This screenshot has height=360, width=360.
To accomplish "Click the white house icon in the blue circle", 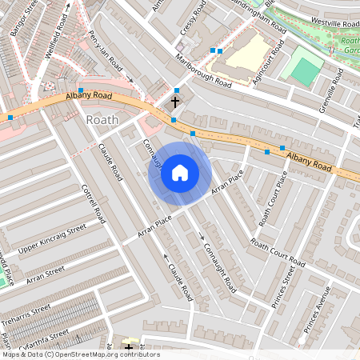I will (x=180, y=173).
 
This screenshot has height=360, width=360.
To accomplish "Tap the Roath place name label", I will (x=102, y=120).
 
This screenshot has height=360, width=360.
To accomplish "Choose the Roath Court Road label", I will (x=277, y=253).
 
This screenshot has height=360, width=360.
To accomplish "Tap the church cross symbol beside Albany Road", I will (x=175, y=102).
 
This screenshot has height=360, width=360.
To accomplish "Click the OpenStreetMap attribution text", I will (x=80, y=354).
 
